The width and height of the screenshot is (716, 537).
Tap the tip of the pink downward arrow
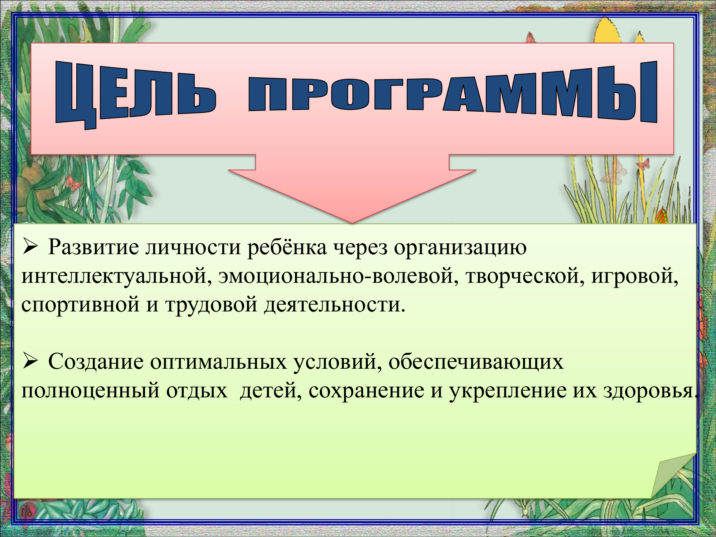[x=352, y=223]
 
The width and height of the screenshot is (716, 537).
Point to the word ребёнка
[x=287, y=247]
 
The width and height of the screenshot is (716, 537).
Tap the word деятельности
[x=334, y=305]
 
